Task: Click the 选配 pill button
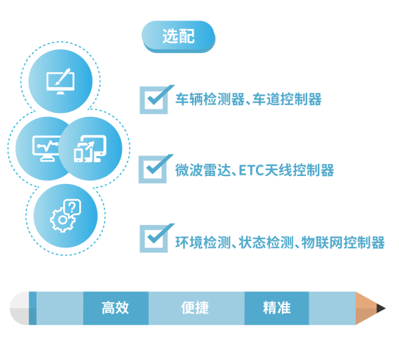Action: pos(178,37)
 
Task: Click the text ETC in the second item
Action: pos(251,170)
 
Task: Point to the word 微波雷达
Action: pos(203,170)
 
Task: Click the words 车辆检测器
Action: pos(210,99)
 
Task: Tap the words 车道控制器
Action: pos(287,99)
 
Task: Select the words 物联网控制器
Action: pos(343,242)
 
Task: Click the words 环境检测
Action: pos(203,242)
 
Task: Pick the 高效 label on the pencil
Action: pos(115,308)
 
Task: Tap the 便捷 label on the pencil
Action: pos(195,308)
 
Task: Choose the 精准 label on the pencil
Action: pos(277,308)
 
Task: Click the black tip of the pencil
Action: pos(380,308)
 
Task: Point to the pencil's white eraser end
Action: pos(19,308)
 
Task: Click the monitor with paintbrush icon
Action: pos(61,81)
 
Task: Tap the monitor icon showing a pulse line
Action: pos(46,149)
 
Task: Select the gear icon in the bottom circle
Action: pos(63,220)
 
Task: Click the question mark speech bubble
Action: pos(72,207)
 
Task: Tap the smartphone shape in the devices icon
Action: pos(78,155)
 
